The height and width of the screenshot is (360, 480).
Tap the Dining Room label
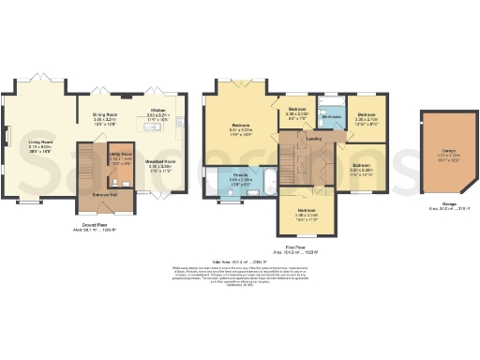coord(104,120)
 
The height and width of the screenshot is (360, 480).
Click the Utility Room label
coord(121,158)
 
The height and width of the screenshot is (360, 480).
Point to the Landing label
coord(314,139)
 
